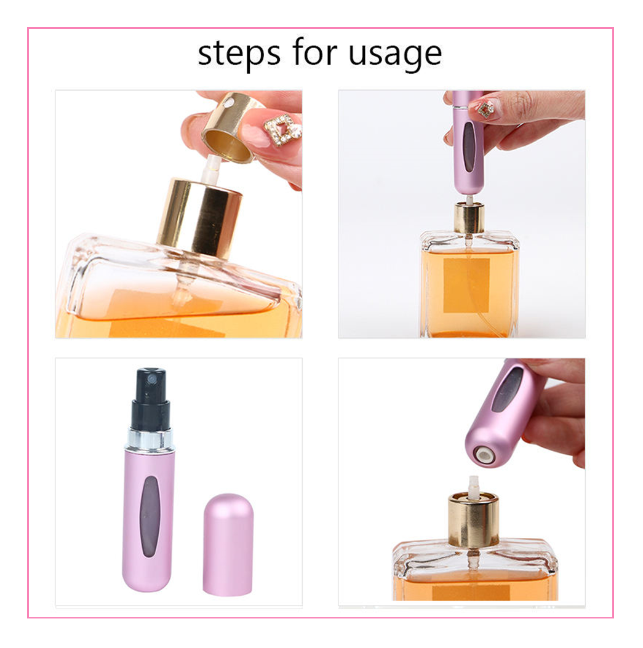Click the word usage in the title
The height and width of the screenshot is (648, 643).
tap(395, 54)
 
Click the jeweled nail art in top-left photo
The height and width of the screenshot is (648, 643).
tap(282, 129)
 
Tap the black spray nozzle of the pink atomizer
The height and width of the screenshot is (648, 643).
tap(151, 397)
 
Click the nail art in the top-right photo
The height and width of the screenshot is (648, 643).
tap(485, 109)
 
